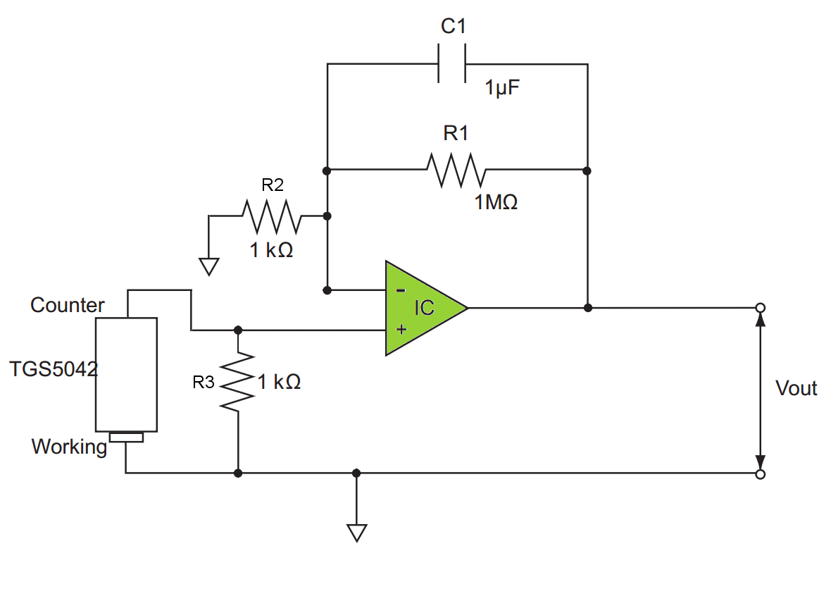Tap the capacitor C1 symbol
click(451, 64)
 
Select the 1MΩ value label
click(496, 203)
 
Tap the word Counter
click(68, 305)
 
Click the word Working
click(69, 447)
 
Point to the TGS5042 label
click(54, 369)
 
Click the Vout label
click(796, 388)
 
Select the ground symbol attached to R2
click(209, 266)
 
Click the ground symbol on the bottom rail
click(357, 533)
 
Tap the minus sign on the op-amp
click(400, 290)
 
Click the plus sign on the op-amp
click(401, 328)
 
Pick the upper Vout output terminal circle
click(760, 308)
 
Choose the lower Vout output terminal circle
click(760, 474)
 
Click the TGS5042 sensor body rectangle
click(127, 374)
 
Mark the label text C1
click(454, 27)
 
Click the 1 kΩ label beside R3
click(279, 383)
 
